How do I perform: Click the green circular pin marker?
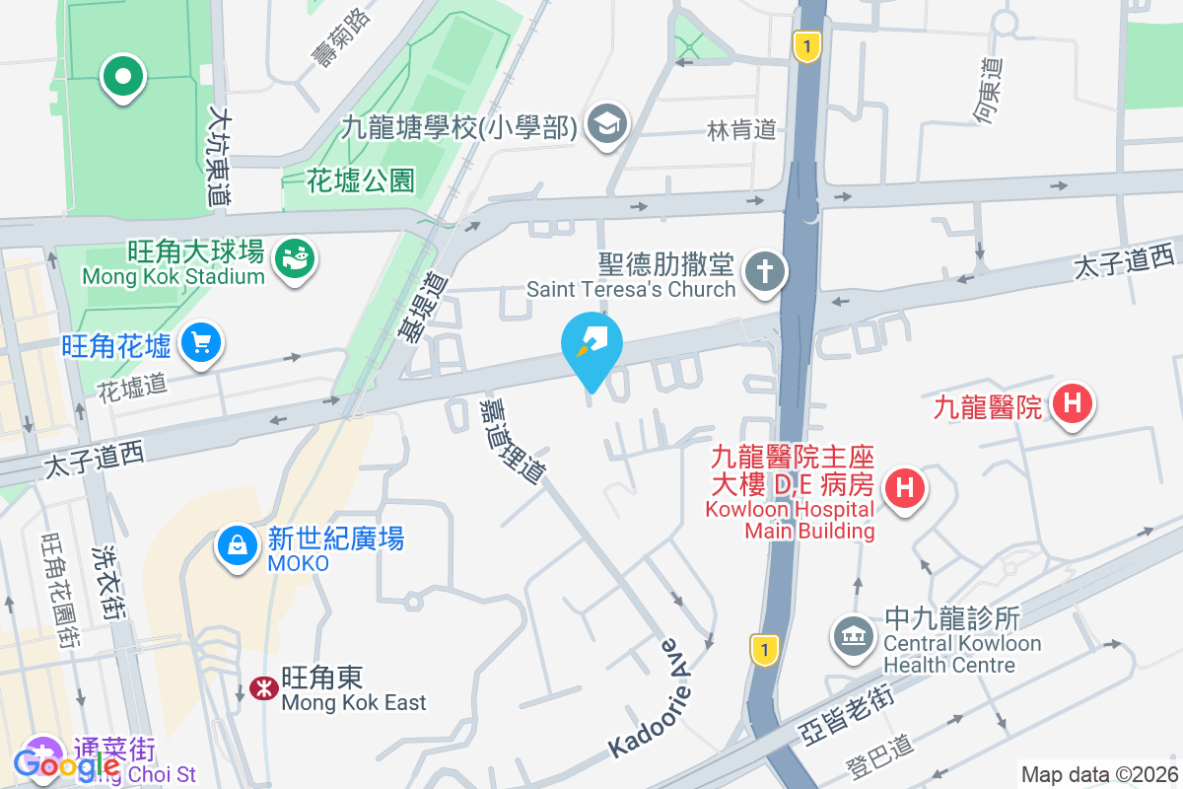pyautogui.click(x=122, y=78)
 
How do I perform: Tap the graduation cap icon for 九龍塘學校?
pyautogui.click(x=606, y=125)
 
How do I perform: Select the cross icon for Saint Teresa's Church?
pyautogui.click(x=764, y=268)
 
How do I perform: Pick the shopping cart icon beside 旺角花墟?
pyautogui.click(x=202, y=343)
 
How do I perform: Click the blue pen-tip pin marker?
pyautogui.click(x=591, y=345)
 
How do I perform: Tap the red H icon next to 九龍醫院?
pyautogui.click(x=1073, y=403)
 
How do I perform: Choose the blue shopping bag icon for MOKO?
pyautogui.click(x=238, y=544)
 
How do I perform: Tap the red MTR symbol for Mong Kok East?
pyautogui.click(x=262, y=689)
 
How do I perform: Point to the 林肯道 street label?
pyautogui.click(x=742, y=129)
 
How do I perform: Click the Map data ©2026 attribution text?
pyautogui.click(x=1099, y=774)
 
